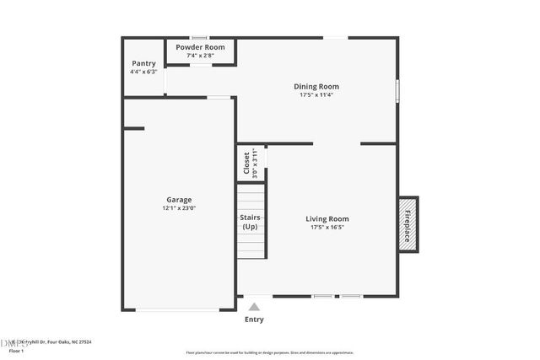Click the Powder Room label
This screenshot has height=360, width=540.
[200, 47]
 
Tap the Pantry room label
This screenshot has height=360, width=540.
[143, 63]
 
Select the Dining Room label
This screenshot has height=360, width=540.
[316, 86]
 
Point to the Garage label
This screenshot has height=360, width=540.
[179, 200]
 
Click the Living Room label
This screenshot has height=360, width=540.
[327, 219]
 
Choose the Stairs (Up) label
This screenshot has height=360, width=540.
[250, 222]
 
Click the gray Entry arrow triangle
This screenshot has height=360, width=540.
[254, 307]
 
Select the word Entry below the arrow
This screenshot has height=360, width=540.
[254, 320]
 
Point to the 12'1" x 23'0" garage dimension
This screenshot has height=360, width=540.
[179, 208]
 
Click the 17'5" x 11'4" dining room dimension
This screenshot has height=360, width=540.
[316, 95]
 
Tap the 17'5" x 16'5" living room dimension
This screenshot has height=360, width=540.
[327, 228]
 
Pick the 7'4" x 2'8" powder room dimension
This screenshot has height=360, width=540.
[200, 56]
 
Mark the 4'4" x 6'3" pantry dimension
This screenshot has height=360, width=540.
[143, 72]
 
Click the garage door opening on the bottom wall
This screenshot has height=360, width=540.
[178, 309]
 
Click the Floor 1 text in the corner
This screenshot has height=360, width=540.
[16, 350]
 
